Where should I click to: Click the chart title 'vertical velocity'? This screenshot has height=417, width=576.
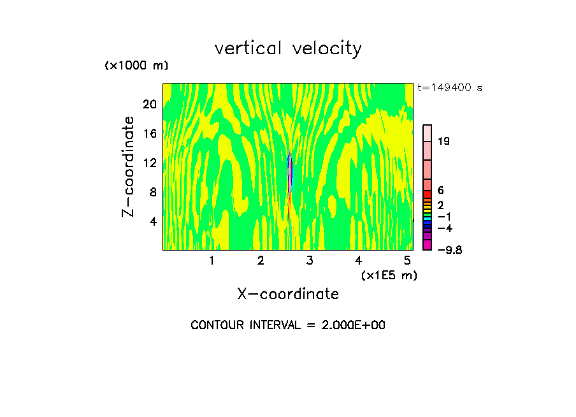pyautogui.click(x=288, y=48)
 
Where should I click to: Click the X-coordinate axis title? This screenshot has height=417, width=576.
pyautogui.click(x=288, y=294)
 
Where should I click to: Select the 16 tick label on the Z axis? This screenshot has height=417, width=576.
pyautogui.click(x=148, y=133)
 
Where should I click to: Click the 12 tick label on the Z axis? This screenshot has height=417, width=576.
pyautogui.click(x=148, y=163)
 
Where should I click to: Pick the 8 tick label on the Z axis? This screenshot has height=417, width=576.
pyautogui.click(x=152, y=192)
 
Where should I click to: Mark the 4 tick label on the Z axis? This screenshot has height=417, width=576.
pyautogui.click(x=152, y=221)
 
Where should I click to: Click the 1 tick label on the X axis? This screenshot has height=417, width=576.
pyautogui.click(x=212, y=260)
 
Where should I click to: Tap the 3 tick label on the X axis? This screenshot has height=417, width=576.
pyautogui.click(x=309, y=260)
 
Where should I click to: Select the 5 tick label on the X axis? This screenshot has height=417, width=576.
pyautogui.click(x=407, y=260)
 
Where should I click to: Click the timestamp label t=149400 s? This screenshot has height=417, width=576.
pyautogui.click(x=450, y=88)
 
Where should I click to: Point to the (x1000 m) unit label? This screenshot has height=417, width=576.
pyautogui.click(x=136, y=66)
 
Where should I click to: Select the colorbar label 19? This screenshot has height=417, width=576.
pyautogui.click(x=444, y=141)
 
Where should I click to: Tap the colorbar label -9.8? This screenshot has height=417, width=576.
pyautogui.click(x=449, y=249)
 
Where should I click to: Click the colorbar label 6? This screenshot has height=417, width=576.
pyautogui.click(x=441, y=190)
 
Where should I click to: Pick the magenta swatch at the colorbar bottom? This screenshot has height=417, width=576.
pyautogui.click(x=428, y=245)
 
